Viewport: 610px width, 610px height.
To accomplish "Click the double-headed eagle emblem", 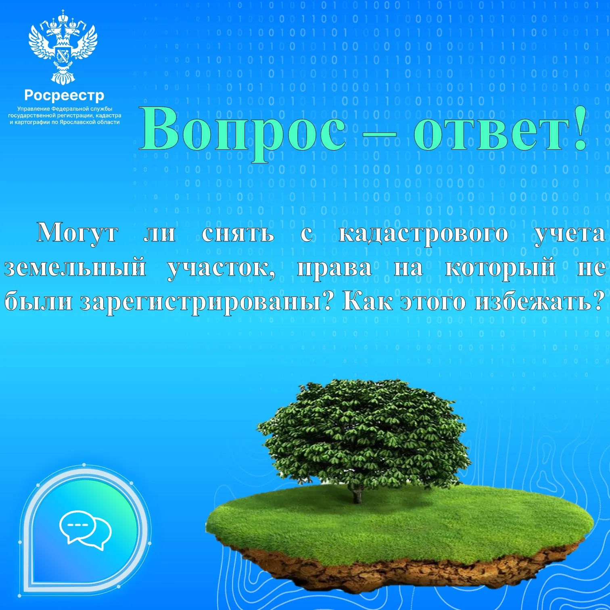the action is click(x=63, y=47).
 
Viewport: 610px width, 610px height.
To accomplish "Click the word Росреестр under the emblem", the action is click(x=65, y=96).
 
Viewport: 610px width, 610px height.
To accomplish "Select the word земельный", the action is click(x=75, y=267).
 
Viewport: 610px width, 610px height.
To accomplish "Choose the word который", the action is click(x=500, y=268).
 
